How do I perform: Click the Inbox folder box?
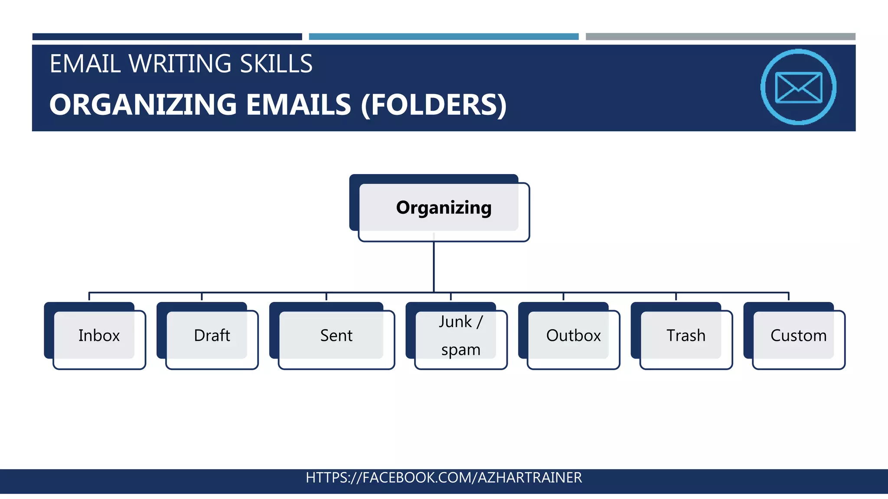pyautogui.click(x=99, y=336)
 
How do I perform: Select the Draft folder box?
pyautogui.click(x=212, y=336)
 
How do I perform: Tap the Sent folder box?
pyautogui.click(x=336, y=336)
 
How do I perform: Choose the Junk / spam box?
pyautogui.click(x=460, y=336)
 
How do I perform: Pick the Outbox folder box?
pyautogui.click(x=573, y=336)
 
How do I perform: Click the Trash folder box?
pyautogui.click(x=686, y=336)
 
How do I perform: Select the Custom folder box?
pyautogui.click(x=798, y=336)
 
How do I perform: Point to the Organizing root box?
pyautogui.click(x=443, y=208)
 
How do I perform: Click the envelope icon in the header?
pyautogui.click(x=798, y=87)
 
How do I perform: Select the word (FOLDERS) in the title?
pyautogui.click(x=434, y=105)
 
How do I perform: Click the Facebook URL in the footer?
pyautogui.click(x=444, y=477)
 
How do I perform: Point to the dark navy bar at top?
pyautogui.click(x=167, y=37)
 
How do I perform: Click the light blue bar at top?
pyautogui.click(x=444, y=37)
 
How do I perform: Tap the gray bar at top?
pyautogui.click(x=720, y=37)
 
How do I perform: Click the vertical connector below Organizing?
pyautogui.click(x=434, y=266)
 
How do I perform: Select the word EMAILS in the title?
pyautogui.click(x=298, y=105)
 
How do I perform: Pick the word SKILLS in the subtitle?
pyautogui.click(x=276, y=64)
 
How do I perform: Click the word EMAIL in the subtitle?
pyautogui.click(x=85, y=64)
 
